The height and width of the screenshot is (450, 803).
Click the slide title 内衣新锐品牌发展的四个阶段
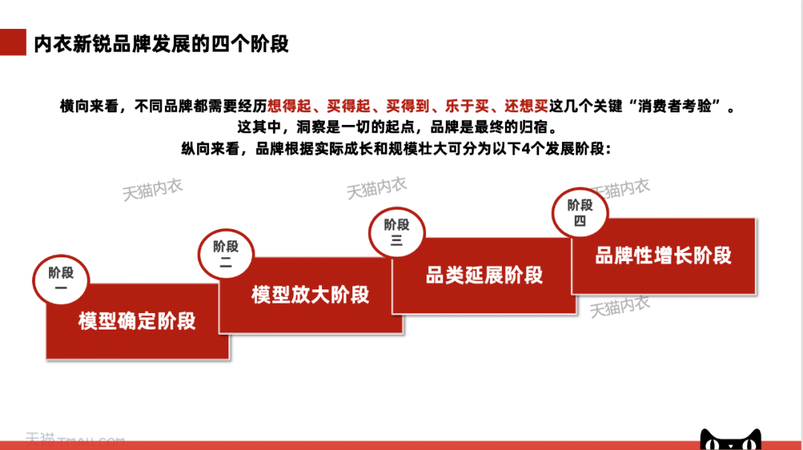click(x=161, y=44)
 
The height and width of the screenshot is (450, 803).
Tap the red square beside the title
click(x=13, y=42)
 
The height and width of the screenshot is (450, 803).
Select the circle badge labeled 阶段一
click(x=61, y=280)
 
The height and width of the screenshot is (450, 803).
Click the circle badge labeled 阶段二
click(x=226, y=254)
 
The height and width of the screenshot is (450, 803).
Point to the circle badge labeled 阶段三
click(x=397, y=232)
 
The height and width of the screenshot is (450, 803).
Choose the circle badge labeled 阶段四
click(x=580, y=212)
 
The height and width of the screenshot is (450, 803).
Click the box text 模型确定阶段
click(x=137, y=321)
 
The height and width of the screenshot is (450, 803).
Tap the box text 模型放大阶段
click(x=310, y=295)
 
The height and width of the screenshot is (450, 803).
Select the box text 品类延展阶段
click(x=484, y=275)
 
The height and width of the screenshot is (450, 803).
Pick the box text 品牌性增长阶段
click(x=663, y=255)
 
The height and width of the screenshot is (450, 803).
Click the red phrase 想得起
click(x=289, y=106)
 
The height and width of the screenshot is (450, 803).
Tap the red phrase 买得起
click(x=349, y=106)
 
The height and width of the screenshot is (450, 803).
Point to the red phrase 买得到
click(x=407, y=106)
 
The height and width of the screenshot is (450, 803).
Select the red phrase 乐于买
click(x=466, y=106)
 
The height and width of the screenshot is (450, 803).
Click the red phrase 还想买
click(x=526, y=106)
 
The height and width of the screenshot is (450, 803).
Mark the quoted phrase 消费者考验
click(x=674, y=106)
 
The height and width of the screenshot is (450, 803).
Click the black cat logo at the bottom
click(x=731, y=440)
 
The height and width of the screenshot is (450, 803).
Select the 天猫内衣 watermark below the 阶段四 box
click(x=619, y=306)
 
